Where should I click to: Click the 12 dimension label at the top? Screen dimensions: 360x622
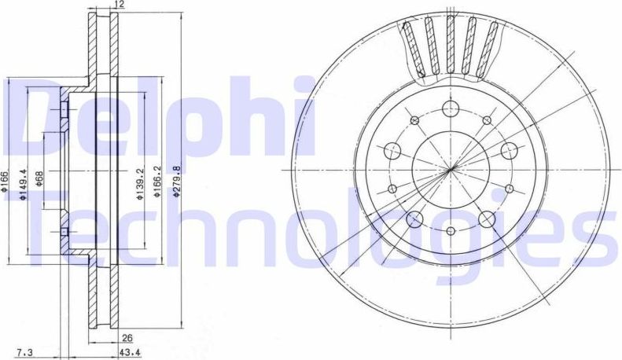[x=119, y=6]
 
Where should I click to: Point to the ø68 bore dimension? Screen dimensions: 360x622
[x=39, y=184]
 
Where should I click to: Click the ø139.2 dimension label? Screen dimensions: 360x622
[x=138, y=186]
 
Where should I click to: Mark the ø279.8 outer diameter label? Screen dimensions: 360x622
[x=177, y=180]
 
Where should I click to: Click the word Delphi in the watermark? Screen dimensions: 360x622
[x=157, y=118]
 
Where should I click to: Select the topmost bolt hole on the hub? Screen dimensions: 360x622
[x=451, y=108]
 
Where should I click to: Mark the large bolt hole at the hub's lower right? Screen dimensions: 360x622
[x=486, y=219]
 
